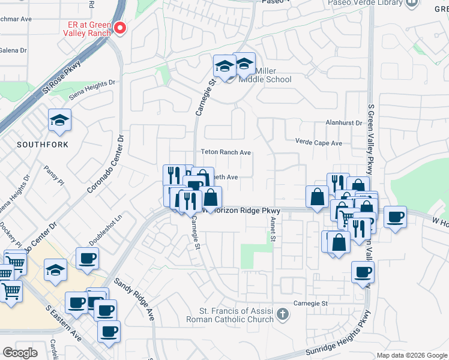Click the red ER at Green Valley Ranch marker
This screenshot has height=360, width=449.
point(119,28)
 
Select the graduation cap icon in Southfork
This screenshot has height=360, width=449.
point(59,121)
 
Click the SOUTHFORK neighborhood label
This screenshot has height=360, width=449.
point(42,145)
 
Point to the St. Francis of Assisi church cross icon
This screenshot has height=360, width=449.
point(283,313)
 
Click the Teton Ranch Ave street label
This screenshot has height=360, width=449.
point(226,152)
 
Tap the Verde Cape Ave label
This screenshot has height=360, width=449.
point(318,143)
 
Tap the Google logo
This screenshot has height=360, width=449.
point(20,353)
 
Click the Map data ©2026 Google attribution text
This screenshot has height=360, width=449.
point(411,355)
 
